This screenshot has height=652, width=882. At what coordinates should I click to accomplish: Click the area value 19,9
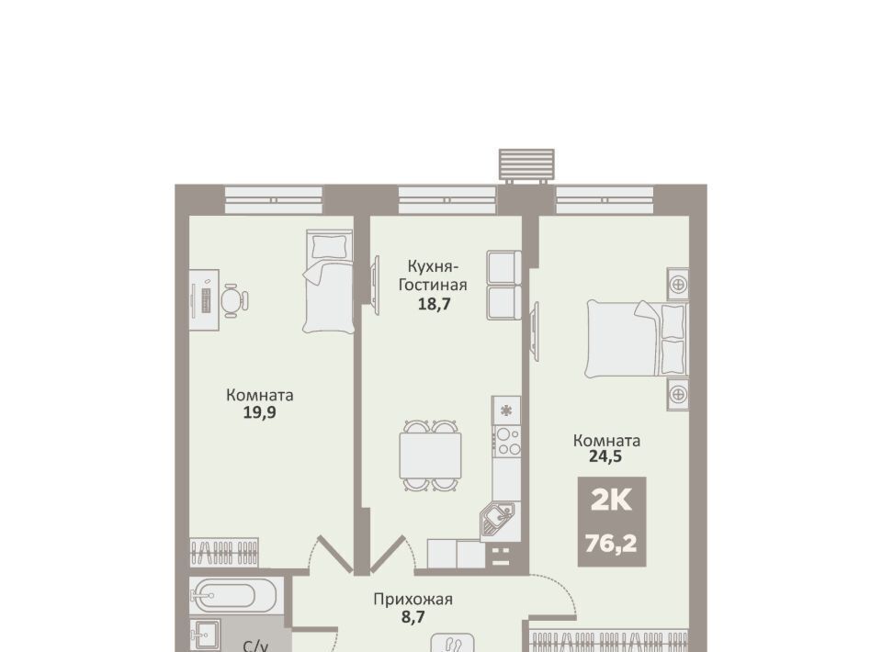(x=259, y=413)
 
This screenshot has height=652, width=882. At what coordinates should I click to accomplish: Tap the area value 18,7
(x=434, y=304)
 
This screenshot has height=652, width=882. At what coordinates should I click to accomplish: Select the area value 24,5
(x=605, y=455)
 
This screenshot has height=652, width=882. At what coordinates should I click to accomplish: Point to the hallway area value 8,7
(x=413, y=616)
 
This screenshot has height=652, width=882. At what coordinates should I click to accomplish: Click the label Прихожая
(x=413, y=599)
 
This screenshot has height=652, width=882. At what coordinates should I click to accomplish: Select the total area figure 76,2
(x=611, y=544)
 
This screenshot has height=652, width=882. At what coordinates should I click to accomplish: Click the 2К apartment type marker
(x=612, y=500)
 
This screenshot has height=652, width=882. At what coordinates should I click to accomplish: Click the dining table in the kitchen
(x=430, y=455)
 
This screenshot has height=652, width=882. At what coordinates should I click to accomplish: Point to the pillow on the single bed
(x=330, y=246)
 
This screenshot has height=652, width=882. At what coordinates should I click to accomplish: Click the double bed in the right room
(x=637, y=338)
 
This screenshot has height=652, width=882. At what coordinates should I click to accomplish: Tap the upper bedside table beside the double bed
(x=678, y=284)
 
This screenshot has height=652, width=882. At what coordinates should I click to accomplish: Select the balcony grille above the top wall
(x=526, y=165)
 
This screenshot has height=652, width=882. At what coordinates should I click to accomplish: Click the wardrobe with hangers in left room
(x=224, y=552)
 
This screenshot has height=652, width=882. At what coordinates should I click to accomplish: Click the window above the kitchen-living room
(x=447, y=199)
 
